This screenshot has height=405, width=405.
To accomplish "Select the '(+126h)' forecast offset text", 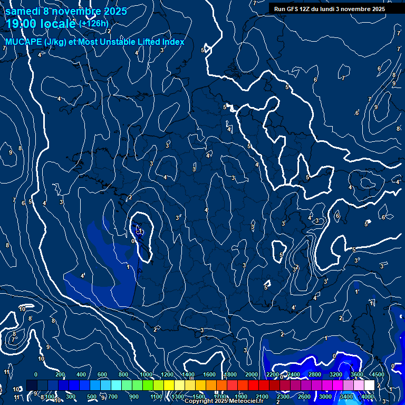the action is [94, 23].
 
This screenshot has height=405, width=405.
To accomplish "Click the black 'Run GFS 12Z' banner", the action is [329, 8].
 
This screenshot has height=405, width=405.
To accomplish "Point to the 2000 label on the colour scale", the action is [252, 374].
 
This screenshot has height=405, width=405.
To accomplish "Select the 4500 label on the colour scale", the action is [378, 374].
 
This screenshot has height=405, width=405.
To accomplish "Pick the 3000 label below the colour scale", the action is [325, 397].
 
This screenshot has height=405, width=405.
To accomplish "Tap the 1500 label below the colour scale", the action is [198, 397].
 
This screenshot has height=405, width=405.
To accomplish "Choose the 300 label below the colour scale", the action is [71, 397].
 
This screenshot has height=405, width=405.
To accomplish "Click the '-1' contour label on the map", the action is [140, 230].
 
